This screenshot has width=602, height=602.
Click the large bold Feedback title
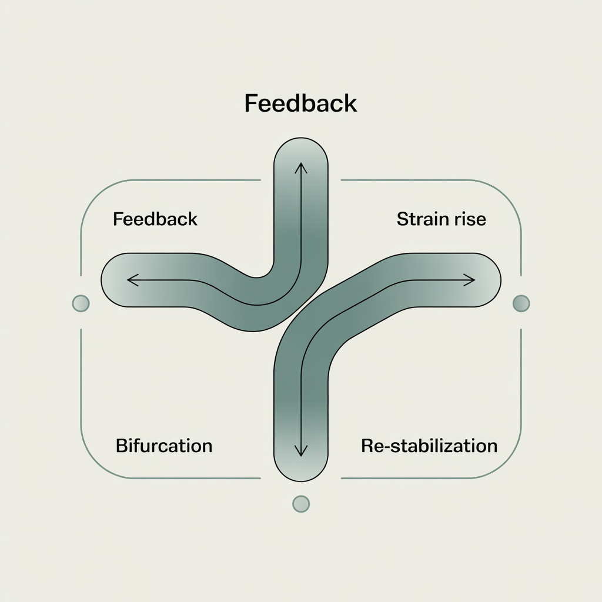[x=300, y=103]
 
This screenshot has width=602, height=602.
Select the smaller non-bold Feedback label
[x=155, y=220]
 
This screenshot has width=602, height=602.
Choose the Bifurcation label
[x=164, y=446]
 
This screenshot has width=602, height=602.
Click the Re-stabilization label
[x=429, y=446]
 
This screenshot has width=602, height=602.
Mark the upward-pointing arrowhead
[x=301, y=167]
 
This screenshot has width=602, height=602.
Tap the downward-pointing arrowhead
[x=301, y=452]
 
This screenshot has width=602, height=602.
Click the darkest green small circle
[x=521, y=303]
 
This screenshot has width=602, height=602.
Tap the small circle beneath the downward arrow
[x=301, y=504]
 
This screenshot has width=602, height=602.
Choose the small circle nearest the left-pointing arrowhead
[x=81, y=303]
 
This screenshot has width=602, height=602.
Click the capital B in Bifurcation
[x=121, y=446]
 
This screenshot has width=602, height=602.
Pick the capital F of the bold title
[x=250, y=103]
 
